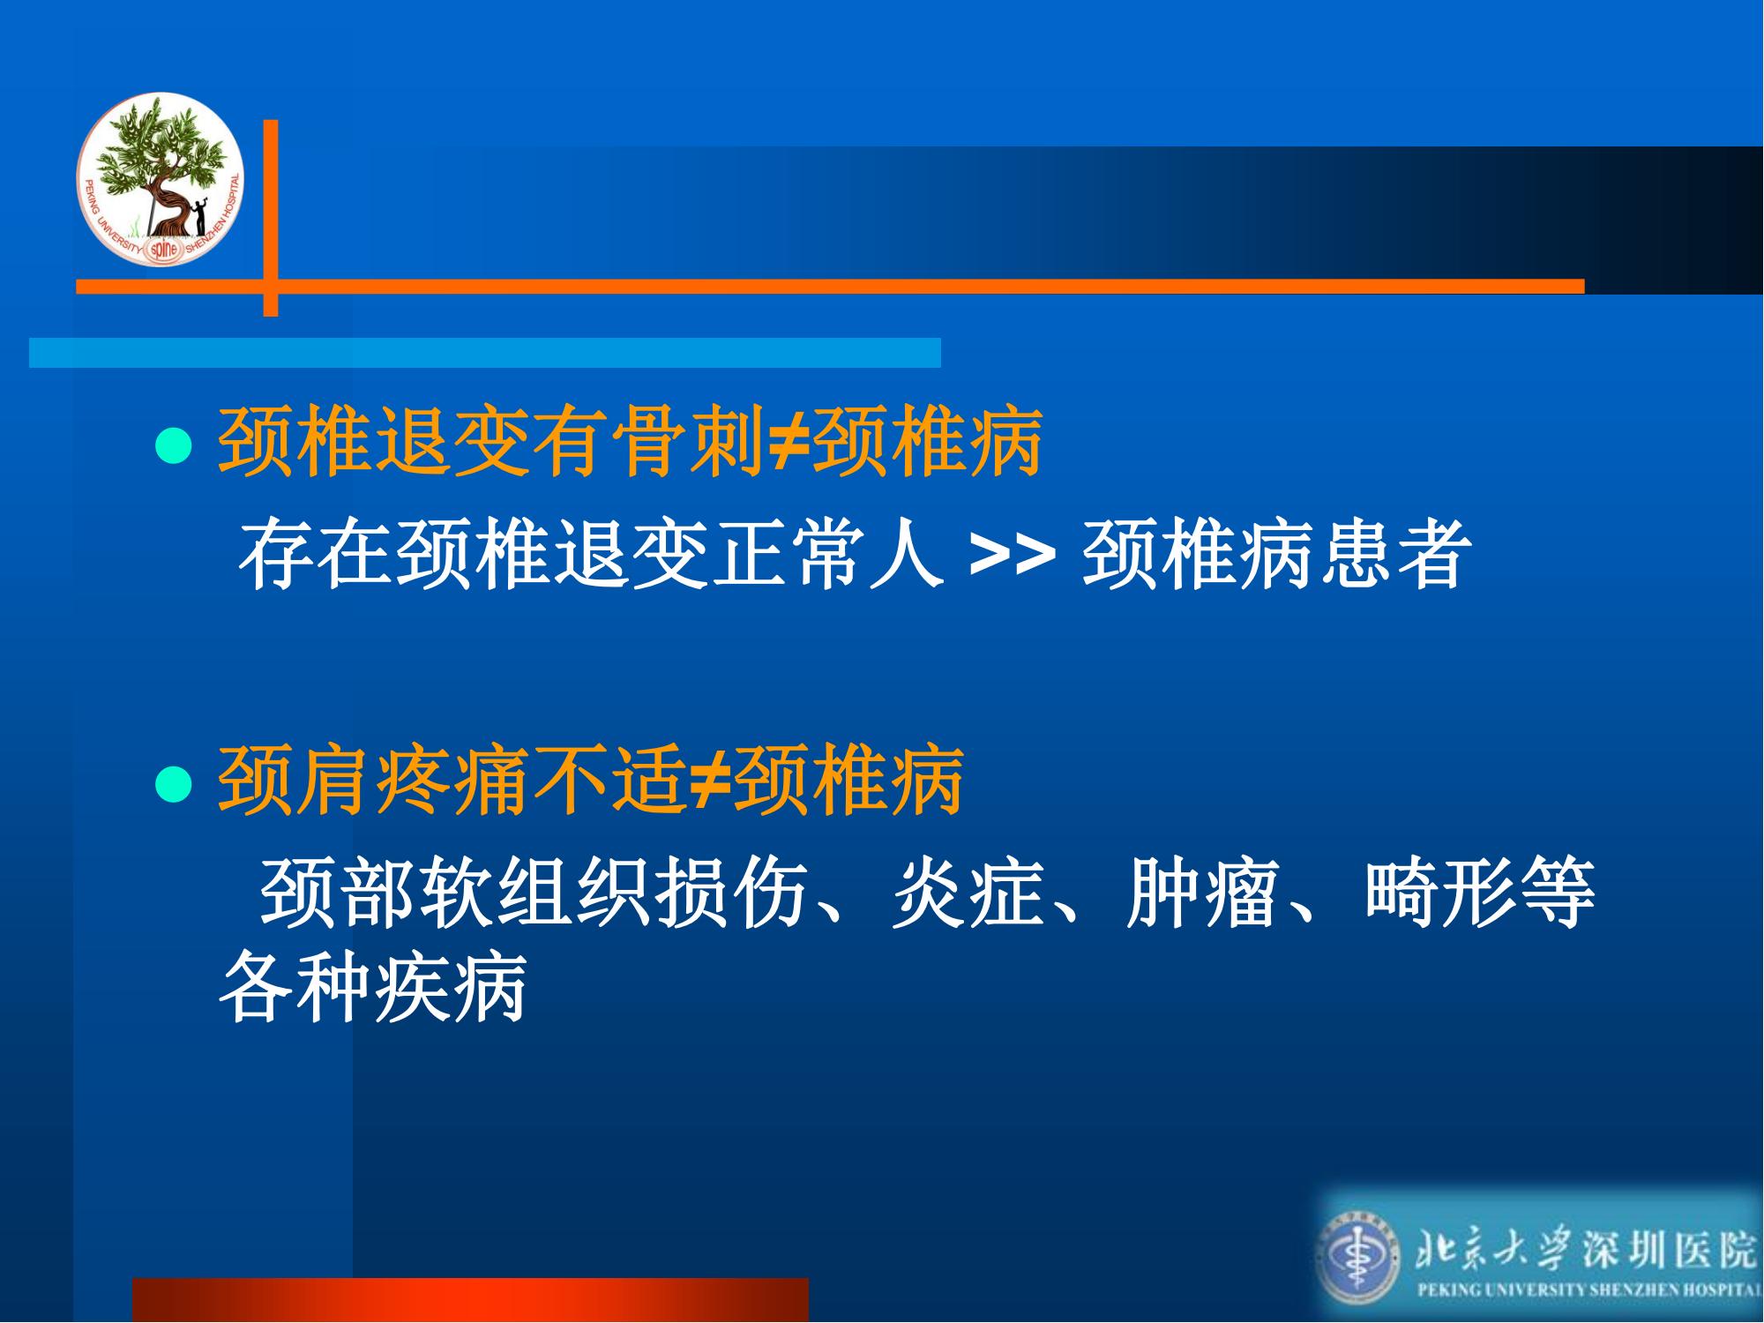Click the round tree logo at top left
click(x=160, y=178)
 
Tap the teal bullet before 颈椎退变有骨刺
click(x=174, y=445)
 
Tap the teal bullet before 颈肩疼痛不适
click(x=174, y=784)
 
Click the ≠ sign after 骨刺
click(x=787, y=441)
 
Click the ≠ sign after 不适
click(x=708, y=780)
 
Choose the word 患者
click(x=1394, y=554)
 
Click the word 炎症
click(x=968, y=893)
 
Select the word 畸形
click(x=1440, y=893)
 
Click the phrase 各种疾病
click(x=373, y=985)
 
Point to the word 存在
click(x=316, y=554)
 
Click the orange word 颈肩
click(x=295, y=780)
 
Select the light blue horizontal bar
click(x=485, y=352)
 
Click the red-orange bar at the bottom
click(x=470, y=1300)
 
